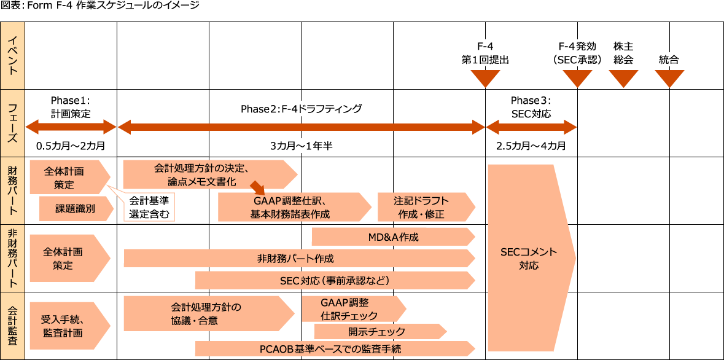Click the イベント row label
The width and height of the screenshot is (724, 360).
[12, 55]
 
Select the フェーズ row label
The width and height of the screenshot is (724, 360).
[12, 122]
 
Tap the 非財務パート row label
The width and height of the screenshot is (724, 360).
[12, 258]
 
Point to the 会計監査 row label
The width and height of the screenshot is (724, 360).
[12, 326]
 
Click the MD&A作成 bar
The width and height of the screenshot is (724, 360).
[393, 237]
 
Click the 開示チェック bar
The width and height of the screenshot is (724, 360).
[378, 332]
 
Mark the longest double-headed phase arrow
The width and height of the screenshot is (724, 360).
[301, 127]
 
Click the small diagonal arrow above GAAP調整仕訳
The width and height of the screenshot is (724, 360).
[257, 186]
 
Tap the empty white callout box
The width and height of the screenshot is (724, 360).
[149, 207]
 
